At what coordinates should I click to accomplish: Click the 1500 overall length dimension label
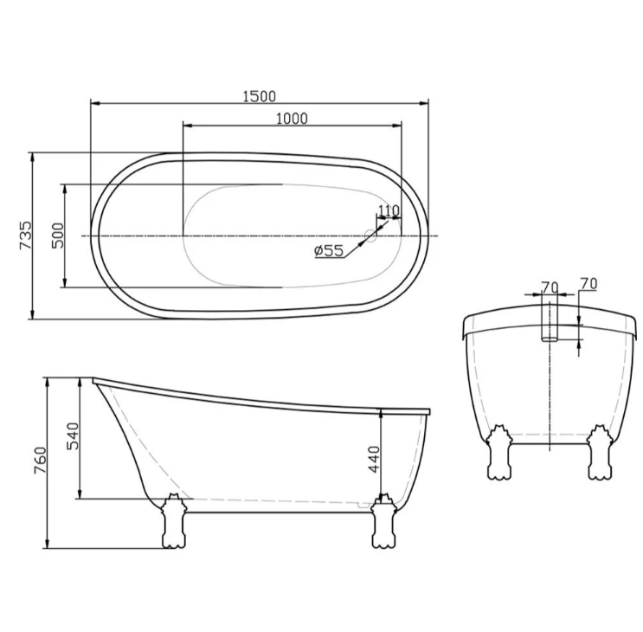[259, 96]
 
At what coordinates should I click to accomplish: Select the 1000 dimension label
[292, 119]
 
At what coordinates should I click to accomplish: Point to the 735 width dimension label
[25, 235]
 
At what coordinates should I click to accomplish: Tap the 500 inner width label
[58, 235]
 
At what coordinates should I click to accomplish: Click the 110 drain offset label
[388, 210]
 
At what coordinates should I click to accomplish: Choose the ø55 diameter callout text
[329, 250]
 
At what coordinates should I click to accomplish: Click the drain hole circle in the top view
[370, 235]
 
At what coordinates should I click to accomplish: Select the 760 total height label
[42, 461]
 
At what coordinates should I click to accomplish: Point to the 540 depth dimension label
[73, 436]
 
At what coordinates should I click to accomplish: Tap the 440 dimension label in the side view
[375, 460]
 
